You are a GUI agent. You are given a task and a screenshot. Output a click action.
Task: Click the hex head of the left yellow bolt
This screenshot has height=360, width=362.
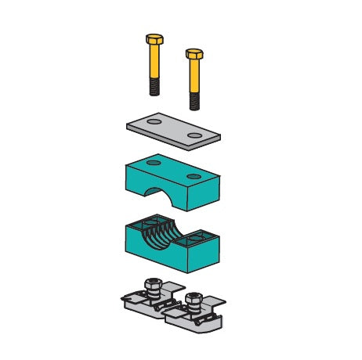pyautogui.click(x=154, y=40)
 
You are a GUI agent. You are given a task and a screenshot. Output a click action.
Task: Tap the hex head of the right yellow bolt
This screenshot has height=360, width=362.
pyautogui.click(x=194, y=55)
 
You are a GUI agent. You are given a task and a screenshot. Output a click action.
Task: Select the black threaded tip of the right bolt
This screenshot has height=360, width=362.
pyautogui.click(x=194, y=100)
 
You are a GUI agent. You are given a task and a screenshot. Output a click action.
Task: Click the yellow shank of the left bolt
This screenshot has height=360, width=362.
pyautogui.click(x=154, y=62)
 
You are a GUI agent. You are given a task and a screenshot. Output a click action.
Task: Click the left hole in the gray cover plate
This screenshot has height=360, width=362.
pyautogui.click(x=155, y=122)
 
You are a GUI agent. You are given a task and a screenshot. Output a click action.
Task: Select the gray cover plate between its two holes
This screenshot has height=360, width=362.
pyautogui.click(x=174, y=128)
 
